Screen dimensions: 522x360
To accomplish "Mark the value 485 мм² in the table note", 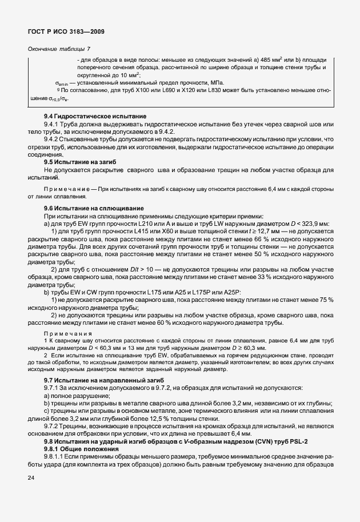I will click(x=279, y=60).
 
